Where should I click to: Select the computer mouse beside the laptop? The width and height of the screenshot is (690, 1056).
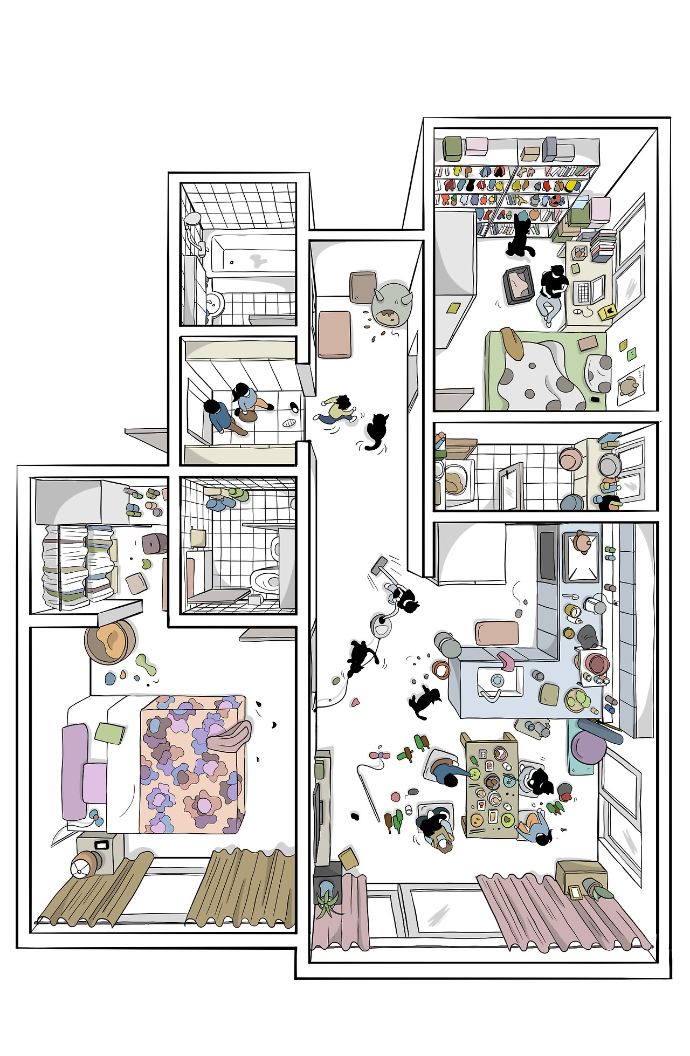tap(578, 311)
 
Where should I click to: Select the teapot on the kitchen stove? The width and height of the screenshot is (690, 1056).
tap(581, 541)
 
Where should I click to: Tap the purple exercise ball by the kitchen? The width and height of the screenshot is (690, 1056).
tap(589, 748)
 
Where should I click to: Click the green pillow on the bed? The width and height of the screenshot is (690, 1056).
tap(109, 733)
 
